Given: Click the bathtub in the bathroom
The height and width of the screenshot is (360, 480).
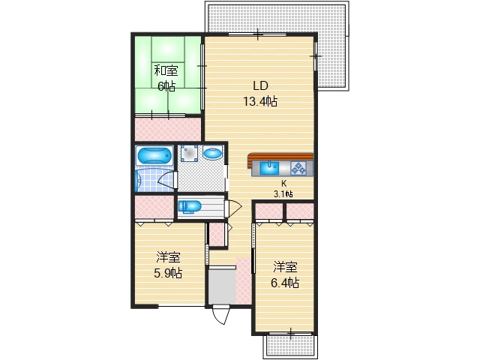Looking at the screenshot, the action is [x=154, y=156].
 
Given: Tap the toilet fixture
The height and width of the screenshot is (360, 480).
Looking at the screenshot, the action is [x=190, y=206].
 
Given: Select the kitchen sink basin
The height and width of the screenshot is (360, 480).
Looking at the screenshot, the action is [x=269, y=168].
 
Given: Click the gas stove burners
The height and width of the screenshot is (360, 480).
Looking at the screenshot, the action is [x=298, y=168].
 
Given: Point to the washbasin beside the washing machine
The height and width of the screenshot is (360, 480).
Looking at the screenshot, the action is [x=212, y=153].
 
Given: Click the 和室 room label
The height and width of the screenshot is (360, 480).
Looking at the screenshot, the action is [x=166, y=70].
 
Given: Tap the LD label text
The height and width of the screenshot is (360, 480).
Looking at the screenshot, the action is [x=260, y=85].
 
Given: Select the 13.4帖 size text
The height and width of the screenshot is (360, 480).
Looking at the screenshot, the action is [x=260, y=101].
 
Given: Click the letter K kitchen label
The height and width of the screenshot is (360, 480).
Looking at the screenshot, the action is [x=283, y=184].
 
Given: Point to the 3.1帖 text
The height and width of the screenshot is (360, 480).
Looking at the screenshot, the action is [x=283, y=193].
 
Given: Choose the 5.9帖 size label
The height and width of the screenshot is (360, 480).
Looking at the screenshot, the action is [x=168, y=273].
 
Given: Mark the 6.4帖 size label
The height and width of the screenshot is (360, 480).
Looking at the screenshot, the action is [x=285, y=283].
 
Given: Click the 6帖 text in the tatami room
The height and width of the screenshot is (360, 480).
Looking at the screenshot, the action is [x=166, y=86].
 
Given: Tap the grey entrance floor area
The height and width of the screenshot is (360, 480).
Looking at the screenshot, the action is [x=222, y=286].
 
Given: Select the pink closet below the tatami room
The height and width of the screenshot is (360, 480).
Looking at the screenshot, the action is [x=168, y=130].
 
